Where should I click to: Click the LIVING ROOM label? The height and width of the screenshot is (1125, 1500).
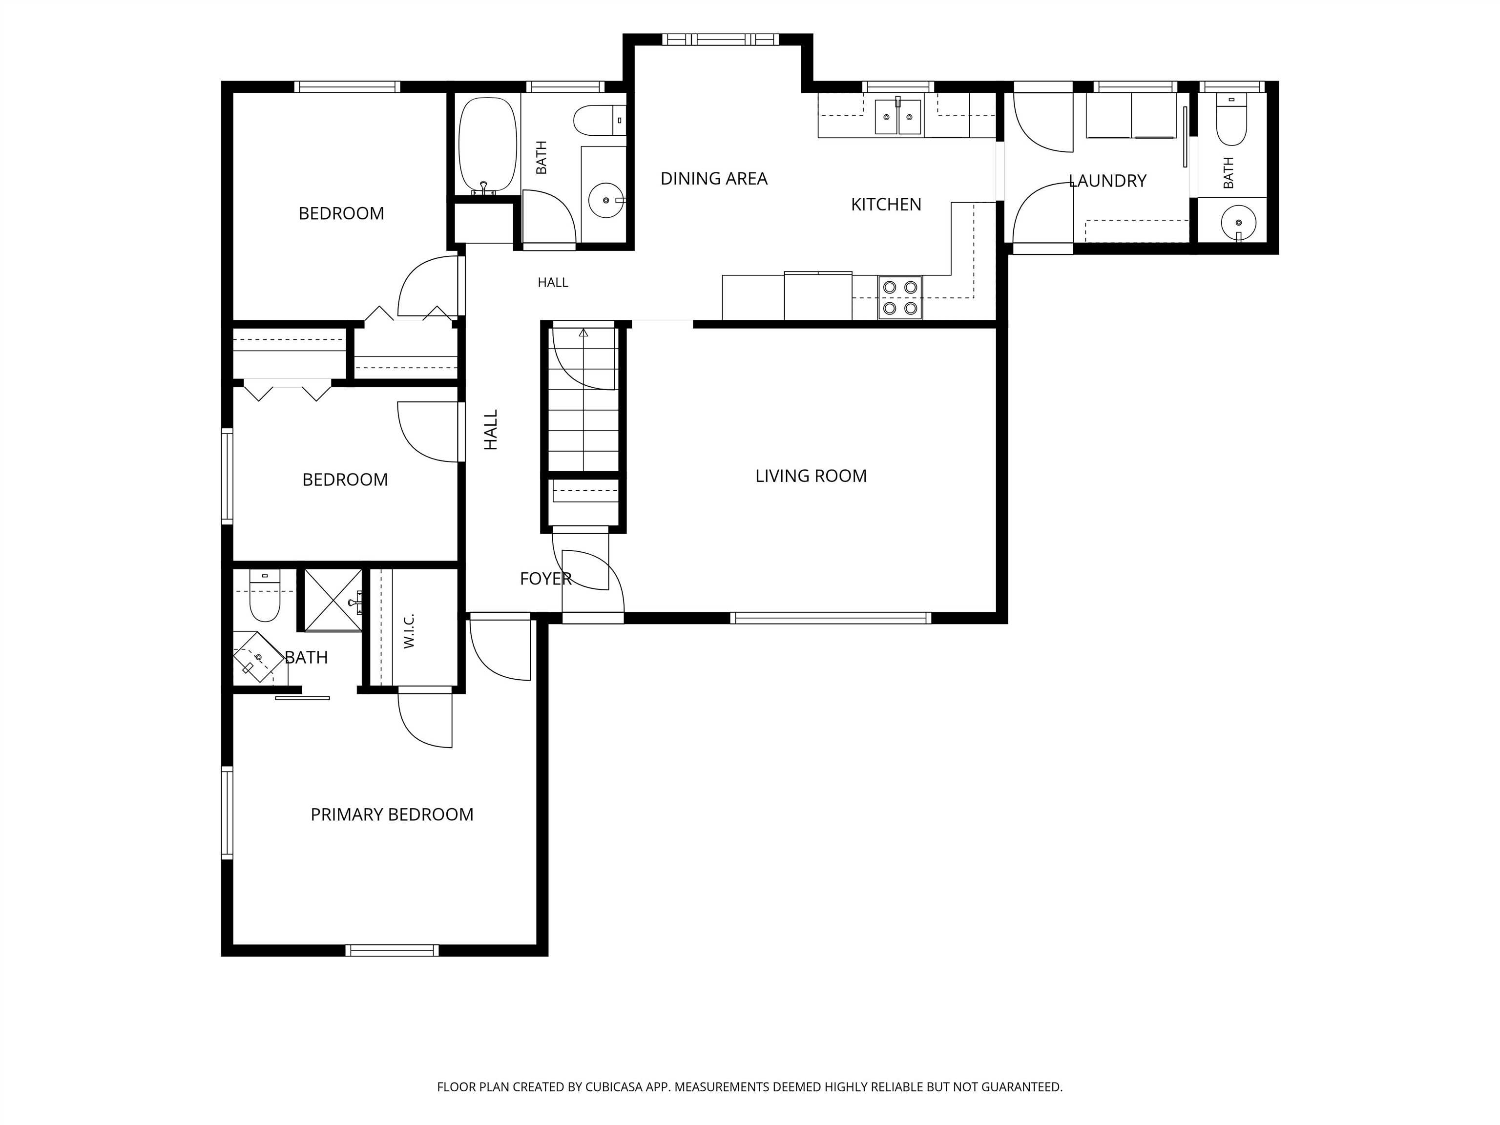coord(811,476)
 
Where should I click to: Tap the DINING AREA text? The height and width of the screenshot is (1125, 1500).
coord(714,178)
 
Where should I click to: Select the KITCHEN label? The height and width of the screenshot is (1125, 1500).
coord(886,204)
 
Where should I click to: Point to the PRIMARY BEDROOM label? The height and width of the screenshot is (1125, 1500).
coord(392,814)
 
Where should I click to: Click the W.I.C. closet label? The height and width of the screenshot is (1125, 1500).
coord(409,631)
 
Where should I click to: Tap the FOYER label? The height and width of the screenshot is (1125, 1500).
coord(546,579)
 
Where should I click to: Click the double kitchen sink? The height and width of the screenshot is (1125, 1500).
coord(898,117)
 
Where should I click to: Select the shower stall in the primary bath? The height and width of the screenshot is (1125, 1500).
coord(333,600)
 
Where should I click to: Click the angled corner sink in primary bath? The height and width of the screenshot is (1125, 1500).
coord(258,657)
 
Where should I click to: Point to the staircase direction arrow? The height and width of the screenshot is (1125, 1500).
coord(583,333)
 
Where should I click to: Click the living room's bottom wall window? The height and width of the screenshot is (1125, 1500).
coord(830,618)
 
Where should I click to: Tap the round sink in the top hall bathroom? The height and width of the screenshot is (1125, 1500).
coord(605,201)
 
